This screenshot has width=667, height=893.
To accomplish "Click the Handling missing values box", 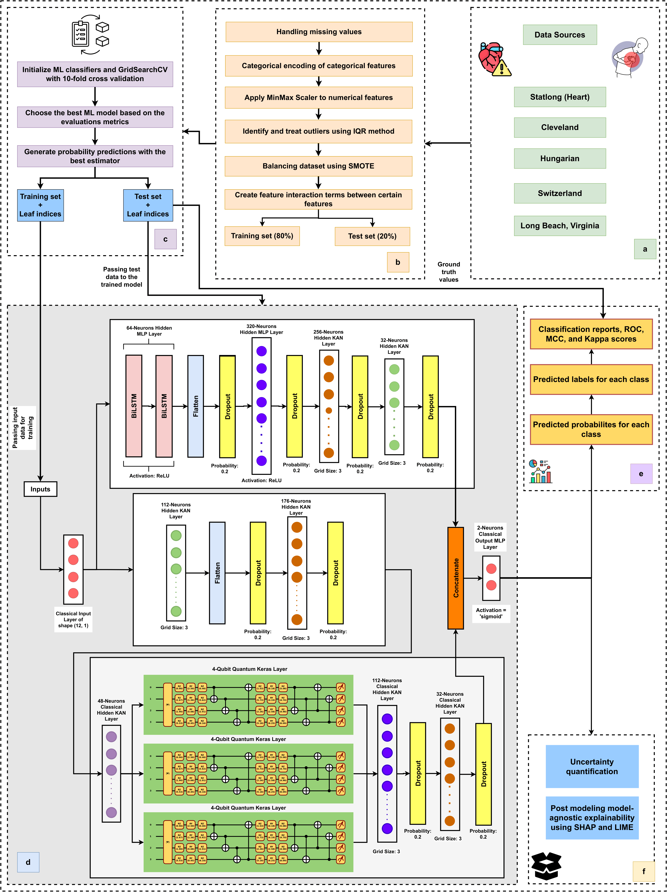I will (x=319, y=32).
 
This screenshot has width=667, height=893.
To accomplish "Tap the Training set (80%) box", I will (x=262, y=236).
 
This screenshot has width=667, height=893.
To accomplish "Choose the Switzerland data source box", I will (x=560, y=193).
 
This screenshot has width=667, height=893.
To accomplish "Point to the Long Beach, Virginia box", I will (x=560, y=226).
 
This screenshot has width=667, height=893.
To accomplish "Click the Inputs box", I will (x=40, y=489).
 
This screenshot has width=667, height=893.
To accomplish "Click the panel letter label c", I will (x=166, y=239).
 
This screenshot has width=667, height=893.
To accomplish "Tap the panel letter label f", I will (x=644, y=871).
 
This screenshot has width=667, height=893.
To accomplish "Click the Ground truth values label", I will (x=449, y=272).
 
